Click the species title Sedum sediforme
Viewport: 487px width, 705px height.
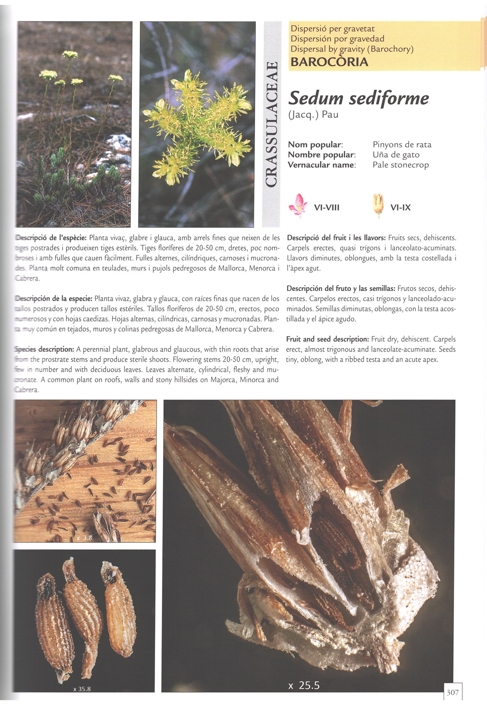pos(359,99)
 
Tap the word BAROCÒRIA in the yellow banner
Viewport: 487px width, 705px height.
pos(329,62)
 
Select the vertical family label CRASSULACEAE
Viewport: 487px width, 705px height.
pos(272,124)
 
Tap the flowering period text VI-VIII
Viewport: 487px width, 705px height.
pos(327,208)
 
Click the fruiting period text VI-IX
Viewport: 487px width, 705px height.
pos(400,208)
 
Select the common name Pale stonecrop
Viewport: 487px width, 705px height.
pos(400,165)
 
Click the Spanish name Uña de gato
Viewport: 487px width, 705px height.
pos(396,155)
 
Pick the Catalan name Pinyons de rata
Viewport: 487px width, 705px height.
pos(402,145)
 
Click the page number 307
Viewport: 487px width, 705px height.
pos(453,692)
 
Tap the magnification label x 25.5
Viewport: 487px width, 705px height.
pos(304,686)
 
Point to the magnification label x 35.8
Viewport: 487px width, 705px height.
pos(82,689)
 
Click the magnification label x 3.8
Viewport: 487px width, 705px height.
pos(84,538)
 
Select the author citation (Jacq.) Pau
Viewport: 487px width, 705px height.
pos(313,115)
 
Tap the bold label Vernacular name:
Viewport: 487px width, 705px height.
pos(321,165)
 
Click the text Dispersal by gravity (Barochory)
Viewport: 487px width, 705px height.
pos(352,49)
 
